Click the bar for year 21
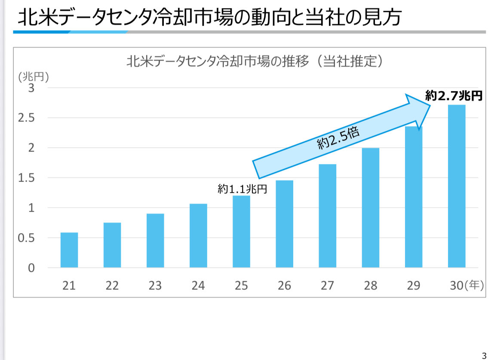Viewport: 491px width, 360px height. pos(69,250)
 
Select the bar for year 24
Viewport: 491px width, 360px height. pos(198,235)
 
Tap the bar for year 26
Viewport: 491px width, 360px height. pos(284,224)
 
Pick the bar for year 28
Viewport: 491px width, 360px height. pos(370,207)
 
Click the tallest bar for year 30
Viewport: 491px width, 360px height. pos(456,186)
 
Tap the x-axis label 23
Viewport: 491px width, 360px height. pos(155,286)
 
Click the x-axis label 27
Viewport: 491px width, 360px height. pos(327,286)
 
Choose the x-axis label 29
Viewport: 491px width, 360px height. pos(413,286)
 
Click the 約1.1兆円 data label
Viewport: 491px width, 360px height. pos(242,189)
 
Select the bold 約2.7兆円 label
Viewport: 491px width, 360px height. pos(454,96)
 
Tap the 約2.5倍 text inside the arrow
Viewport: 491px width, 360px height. pos(338,138)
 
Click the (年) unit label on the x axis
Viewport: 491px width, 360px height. pos(474,285)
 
